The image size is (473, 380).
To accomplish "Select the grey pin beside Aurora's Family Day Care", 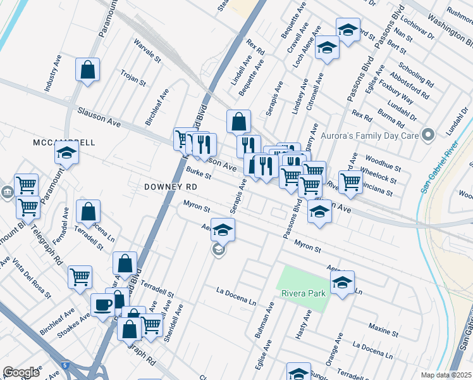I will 429,134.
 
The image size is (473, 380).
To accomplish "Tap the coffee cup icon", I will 102,305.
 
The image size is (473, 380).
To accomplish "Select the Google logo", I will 21,372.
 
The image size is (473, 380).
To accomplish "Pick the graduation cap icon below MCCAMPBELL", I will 66,153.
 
